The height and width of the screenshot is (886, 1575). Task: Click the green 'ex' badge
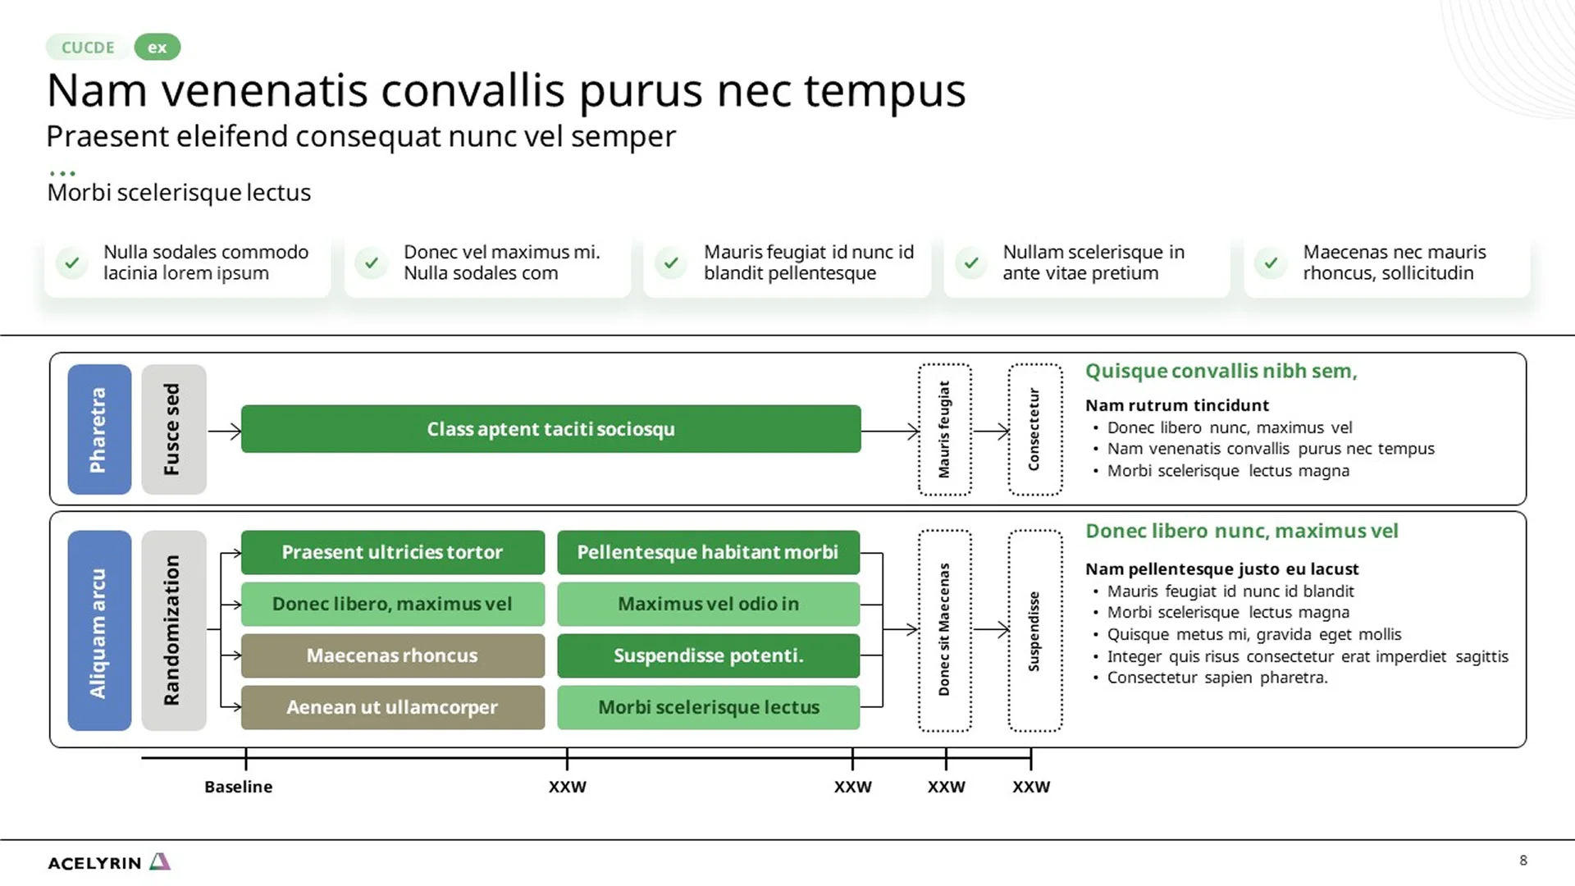pyautogui.click(x=157, y=48)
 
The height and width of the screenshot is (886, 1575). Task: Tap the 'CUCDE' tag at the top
pyautogui.click(x=88, y=48)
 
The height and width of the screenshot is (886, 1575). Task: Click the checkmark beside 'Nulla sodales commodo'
pyautogui.click(x=72, y=263)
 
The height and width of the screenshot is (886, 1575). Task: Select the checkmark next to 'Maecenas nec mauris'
pyautogui.click(x=1271, y=263)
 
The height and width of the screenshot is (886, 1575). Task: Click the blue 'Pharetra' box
pyautogui.click(x=99, y=429)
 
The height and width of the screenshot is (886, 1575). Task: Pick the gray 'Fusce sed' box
pyautogui.click(x=173, y=429)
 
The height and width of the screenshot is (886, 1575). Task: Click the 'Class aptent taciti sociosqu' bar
pyautogui.click(x=550, y=429)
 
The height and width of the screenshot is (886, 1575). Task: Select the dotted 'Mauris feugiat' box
pyautogui.click(x=944, y=429)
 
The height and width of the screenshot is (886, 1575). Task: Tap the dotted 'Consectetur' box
pyautogui.click(x=1034, y=429)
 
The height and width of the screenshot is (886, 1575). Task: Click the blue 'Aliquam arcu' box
pyautogui.click(x=99, y=630)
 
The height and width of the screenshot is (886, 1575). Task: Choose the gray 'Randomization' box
pyautogui.click(x=173, y=630)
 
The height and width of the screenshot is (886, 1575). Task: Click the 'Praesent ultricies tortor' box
pyautogui.click(x=392, y=552)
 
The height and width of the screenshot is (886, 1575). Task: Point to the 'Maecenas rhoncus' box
pyautogui.click(x=392, y=655)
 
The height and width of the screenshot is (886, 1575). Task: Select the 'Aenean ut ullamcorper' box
pyautogui.click(x=392, y=707)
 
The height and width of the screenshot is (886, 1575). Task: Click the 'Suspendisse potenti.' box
pyautogui.click(x=708, y=655)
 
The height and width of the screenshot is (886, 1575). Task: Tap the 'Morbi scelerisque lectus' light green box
pyautogui.click(x=708, y=707)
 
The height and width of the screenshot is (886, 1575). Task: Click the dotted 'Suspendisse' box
pyautogui.click(x=1034, y=630)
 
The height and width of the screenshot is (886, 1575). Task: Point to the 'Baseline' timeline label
pyautogui.click(x=238, y=787)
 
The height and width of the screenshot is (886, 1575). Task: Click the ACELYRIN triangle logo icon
pyautogui.click(x=160, y=861)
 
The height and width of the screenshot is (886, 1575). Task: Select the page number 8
pyautogui.click(x=1523, y=860)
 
